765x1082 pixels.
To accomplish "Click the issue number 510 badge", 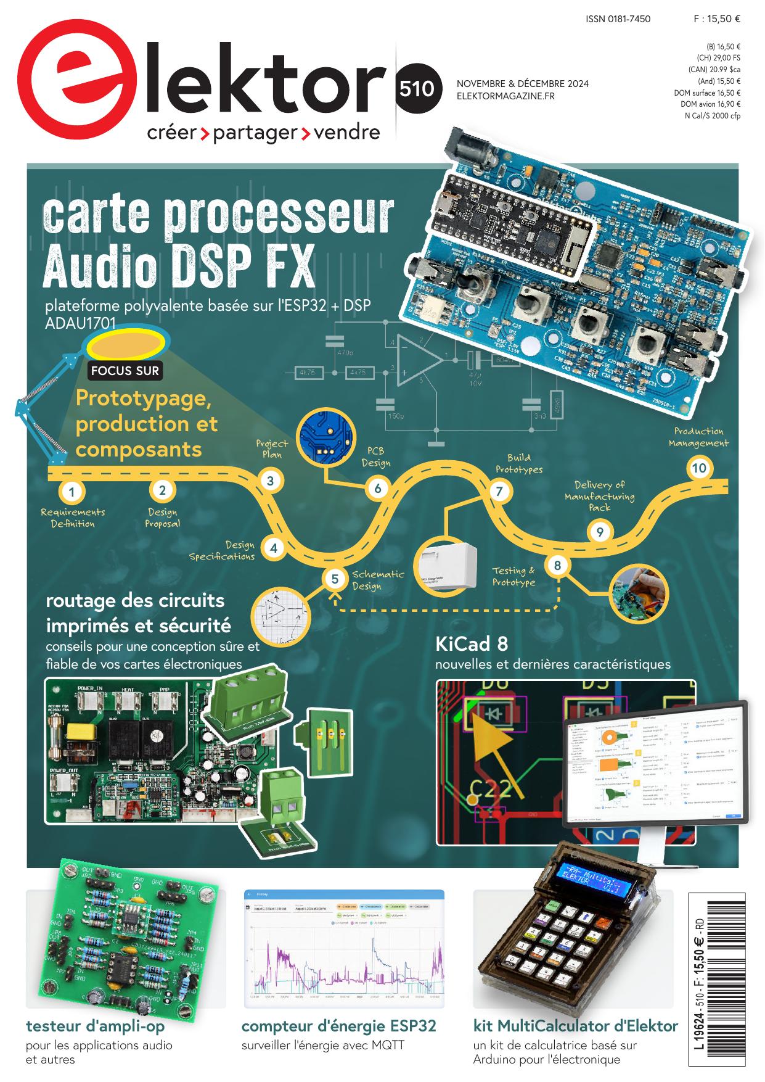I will click(416, 89).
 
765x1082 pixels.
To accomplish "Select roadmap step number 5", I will click(335, 579).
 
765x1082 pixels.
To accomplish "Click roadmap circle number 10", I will click(698, 468).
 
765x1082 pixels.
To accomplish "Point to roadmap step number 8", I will click(557, 565).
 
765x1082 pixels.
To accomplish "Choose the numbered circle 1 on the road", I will click(72, 492).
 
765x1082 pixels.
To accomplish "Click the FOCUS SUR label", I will click(125, 371).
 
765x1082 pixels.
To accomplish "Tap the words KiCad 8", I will click(472, 644).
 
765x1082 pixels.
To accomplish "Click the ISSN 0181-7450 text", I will click(618, 19).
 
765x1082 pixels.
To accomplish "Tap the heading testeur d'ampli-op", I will click(95, 1026).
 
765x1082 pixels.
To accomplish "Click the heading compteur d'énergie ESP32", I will click(338, 1026).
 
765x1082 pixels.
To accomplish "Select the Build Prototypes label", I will click(519, 463).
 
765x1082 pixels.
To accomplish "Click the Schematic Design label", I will click(378, 580).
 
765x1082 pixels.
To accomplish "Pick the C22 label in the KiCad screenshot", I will click(490, 788).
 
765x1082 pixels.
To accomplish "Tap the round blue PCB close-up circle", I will click(327, 437).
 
